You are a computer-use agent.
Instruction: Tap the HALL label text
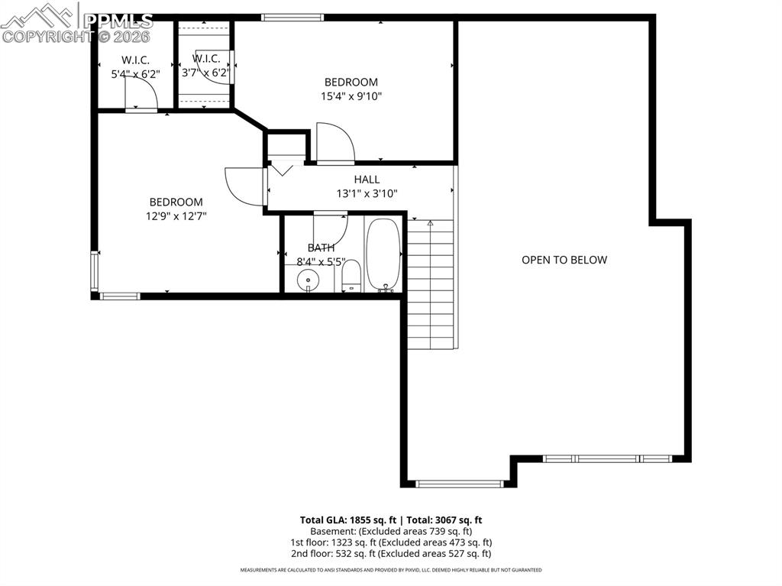[367, 180]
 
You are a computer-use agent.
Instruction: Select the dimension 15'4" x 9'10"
[351, 96]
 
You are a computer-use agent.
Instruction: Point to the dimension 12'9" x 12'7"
[176, 216]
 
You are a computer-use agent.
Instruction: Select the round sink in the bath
[308, 280]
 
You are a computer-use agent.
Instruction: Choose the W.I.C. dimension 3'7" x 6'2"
[205, 73]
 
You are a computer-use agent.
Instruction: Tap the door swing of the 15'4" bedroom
[334, 143]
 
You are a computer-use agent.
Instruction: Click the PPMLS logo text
[118, 21]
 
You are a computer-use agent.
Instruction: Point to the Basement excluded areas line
[390, 531]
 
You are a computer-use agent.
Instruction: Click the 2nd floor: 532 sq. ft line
[390, 554]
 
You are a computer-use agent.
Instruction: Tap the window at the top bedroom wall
[292, 17]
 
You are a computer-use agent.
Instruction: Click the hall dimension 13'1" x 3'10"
[367, 193]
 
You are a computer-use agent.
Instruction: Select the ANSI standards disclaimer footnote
[390, 570]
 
